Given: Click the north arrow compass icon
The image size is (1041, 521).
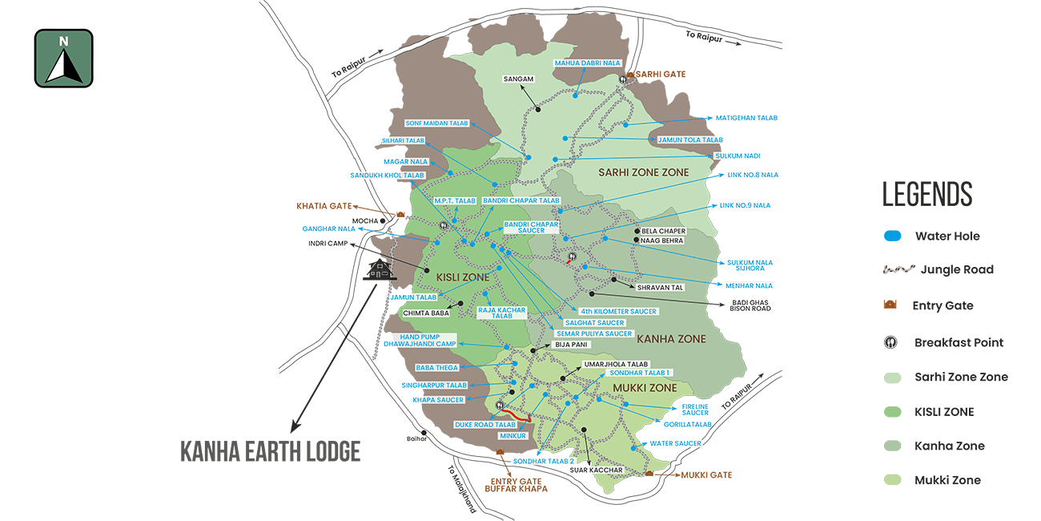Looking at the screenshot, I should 63,58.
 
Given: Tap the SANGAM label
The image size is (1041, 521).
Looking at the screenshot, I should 518,79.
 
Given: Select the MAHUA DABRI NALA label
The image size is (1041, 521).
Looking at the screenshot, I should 587,63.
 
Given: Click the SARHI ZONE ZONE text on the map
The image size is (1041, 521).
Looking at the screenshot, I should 643,172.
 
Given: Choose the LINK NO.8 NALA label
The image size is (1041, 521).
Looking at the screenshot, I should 752,175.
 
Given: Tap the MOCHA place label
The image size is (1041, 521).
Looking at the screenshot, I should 364,220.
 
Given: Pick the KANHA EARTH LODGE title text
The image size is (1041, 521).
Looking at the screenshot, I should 270,451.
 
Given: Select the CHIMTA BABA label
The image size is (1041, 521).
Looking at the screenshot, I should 426,313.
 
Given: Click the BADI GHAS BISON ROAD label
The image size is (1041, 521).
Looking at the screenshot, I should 750,305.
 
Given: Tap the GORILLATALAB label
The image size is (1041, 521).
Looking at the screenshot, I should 687,425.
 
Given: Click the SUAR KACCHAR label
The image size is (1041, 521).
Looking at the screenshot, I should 596,470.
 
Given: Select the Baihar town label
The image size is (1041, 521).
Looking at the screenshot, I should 413,438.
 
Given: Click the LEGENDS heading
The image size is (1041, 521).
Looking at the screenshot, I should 926,195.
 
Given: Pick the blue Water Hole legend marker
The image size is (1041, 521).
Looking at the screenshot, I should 891,236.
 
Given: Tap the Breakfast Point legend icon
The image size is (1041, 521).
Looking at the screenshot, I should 890,342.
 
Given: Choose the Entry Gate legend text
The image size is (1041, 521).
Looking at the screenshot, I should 943,305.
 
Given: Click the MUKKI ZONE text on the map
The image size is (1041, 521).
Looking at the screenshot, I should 645,388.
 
